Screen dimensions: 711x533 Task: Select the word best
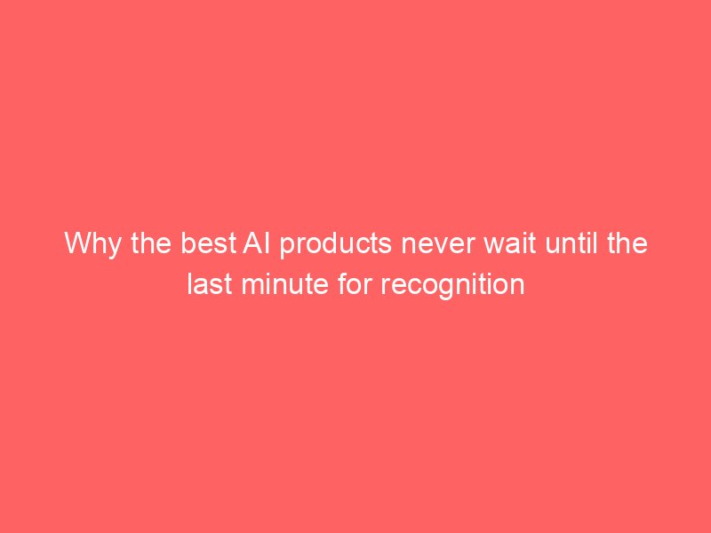(209, 243)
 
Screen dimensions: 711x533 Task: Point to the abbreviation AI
(257, 243)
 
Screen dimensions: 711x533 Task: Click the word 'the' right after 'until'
(627, 243)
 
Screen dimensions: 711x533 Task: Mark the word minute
(284, 284)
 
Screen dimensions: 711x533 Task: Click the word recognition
(452, 286)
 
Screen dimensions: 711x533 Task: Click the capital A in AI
(252, 243)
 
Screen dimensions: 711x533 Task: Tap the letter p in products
(286, 248)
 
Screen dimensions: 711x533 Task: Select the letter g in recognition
(444, 290)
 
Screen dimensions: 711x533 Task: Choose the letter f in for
(342, 284)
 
